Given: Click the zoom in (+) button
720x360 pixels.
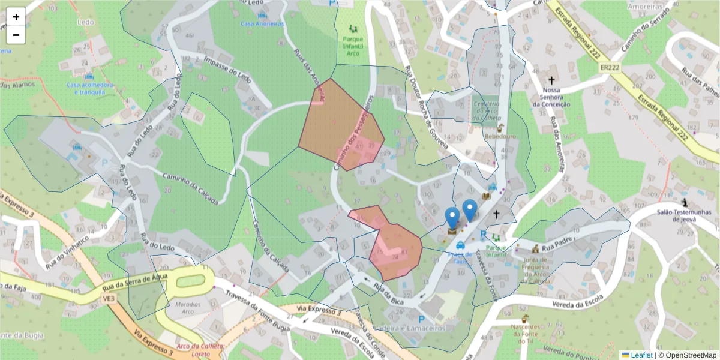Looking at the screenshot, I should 16,17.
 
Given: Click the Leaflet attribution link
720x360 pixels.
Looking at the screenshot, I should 637,355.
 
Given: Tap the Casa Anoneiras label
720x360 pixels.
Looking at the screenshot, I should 262,23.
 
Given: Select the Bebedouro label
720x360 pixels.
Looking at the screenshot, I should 500,136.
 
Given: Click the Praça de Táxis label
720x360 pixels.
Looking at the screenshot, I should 460,257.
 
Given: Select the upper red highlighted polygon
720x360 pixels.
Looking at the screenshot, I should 340,125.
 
